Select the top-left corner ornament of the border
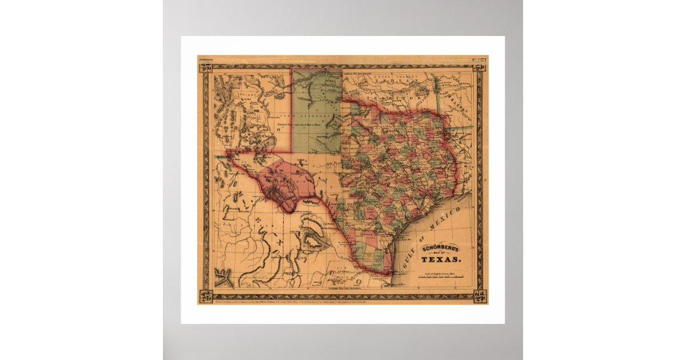(205, 65)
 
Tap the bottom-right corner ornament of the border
(480, 296)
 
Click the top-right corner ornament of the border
(480, 64)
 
